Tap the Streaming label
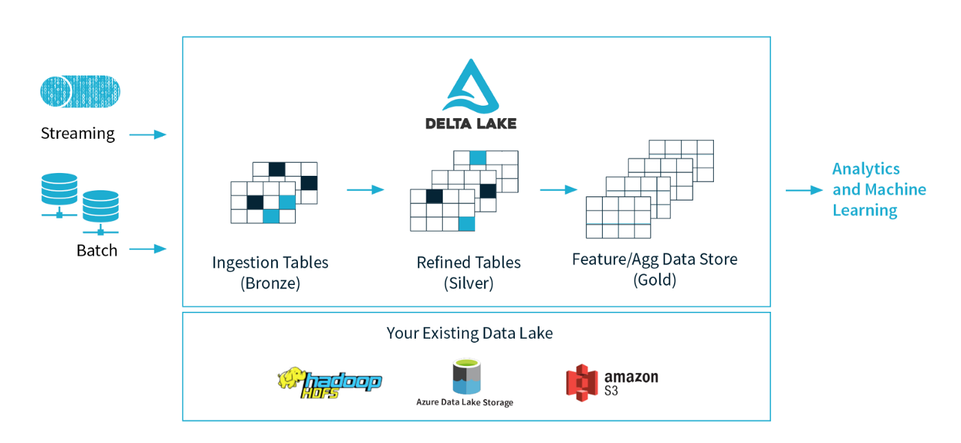pos(78,133)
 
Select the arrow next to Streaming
pos(148,135)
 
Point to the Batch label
pos(97,251)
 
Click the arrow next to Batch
pos(148,249)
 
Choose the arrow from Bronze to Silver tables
pos(365,190)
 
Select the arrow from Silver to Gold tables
pos(558,190)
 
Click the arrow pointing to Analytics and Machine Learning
pos(804,190)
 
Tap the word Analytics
pos(866,169)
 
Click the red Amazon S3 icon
pos(581,380)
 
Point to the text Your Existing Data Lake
pos(470,334)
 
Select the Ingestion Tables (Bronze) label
pos(270,273)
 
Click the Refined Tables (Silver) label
pos(468,273)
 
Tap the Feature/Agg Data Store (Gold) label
pos(654,269)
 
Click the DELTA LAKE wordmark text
pos(471,124)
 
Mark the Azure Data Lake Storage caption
pos(465,402)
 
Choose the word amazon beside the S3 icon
pos(631,377)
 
